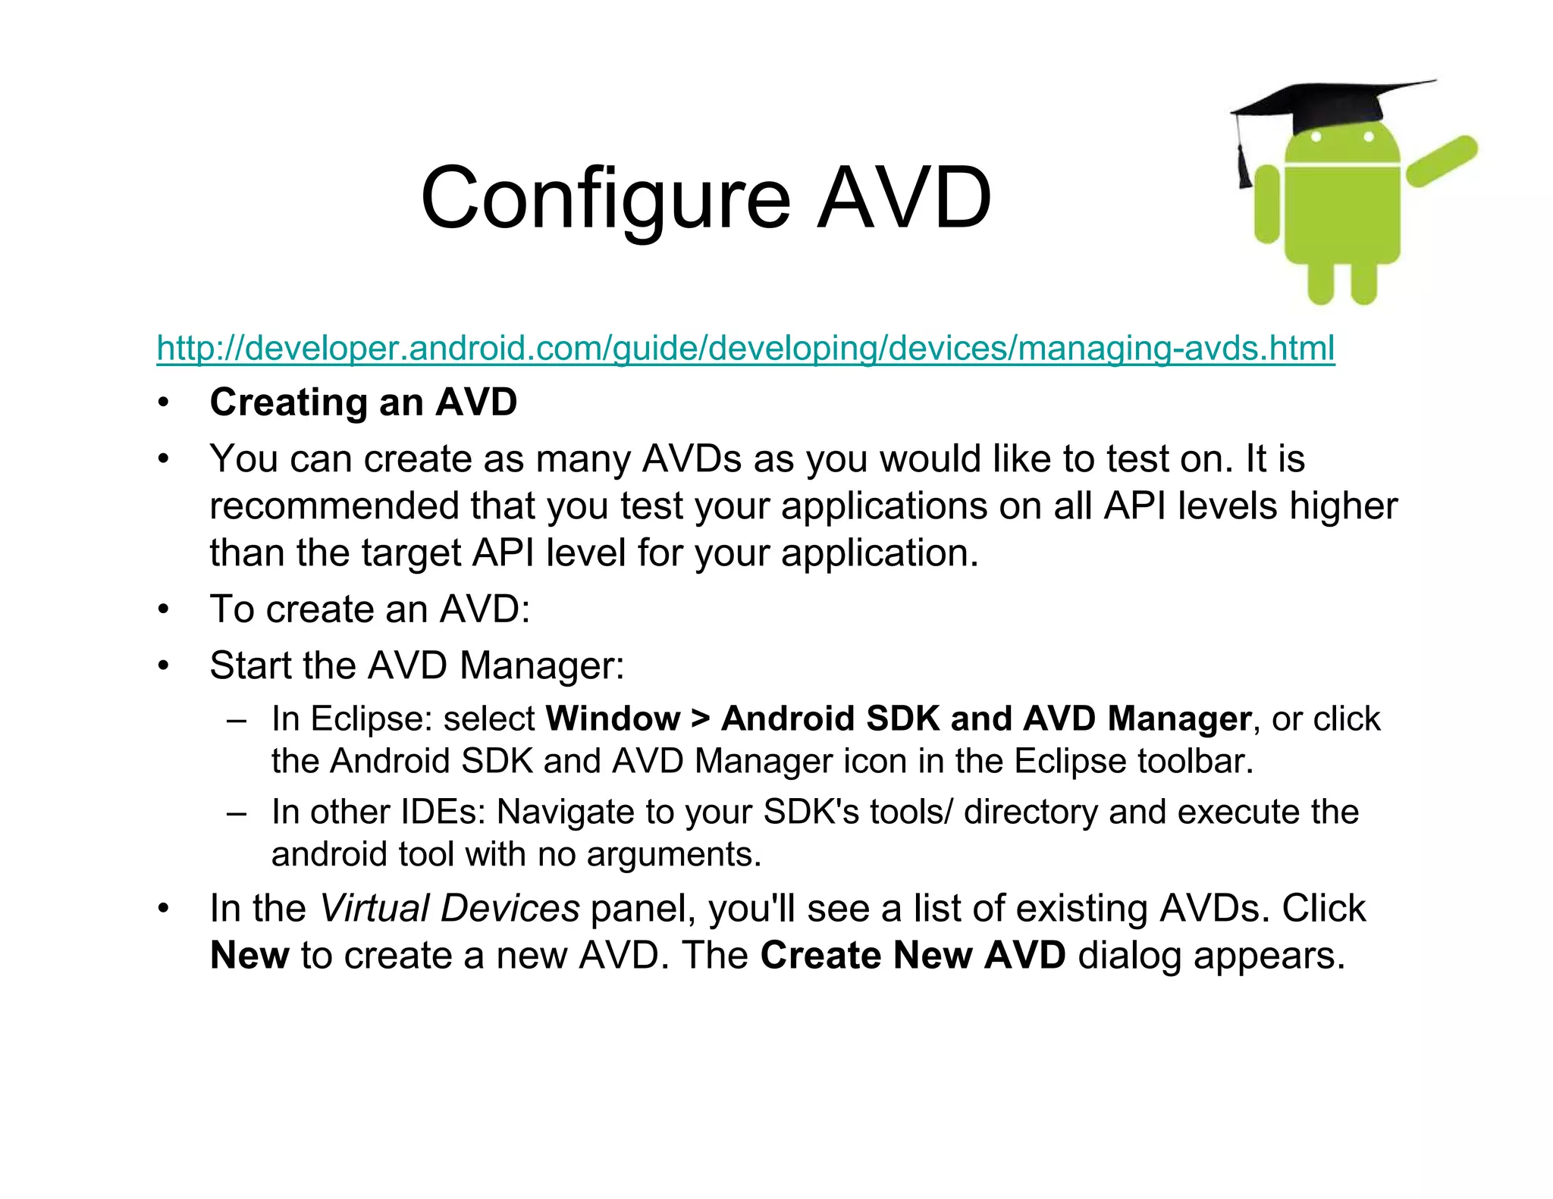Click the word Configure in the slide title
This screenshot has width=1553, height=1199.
[605, 199]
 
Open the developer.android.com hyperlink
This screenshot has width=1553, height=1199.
[745, 348]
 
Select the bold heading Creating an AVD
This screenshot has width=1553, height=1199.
[363, 402]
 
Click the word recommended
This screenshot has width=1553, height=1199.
[334, 506]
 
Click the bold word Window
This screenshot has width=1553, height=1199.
[613, 718]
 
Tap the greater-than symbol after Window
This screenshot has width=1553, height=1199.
[700, 718]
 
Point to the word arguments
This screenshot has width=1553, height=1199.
[673, 855]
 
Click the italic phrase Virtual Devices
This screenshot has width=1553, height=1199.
[450, 908]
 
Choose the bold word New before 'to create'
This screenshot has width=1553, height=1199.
[249, 955]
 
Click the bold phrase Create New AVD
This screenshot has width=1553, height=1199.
[913, 955]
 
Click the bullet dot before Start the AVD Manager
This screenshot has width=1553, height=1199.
[163, 666]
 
